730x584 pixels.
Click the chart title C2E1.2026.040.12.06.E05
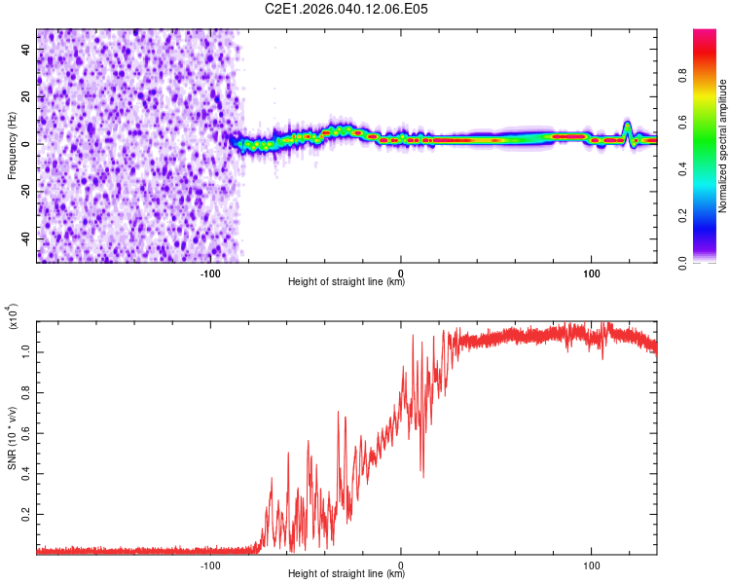347,9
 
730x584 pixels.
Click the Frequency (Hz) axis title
12,145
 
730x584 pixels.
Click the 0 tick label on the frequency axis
28,145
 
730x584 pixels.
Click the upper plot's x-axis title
347,282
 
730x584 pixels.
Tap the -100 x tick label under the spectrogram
211,272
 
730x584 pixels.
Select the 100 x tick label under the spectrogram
591,272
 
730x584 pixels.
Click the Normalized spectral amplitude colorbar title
723,146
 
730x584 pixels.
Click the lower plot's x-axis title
347,574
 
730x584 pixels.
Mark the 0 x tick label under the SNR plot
401,564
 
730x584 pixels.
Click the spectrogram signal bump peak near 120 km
628,125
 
